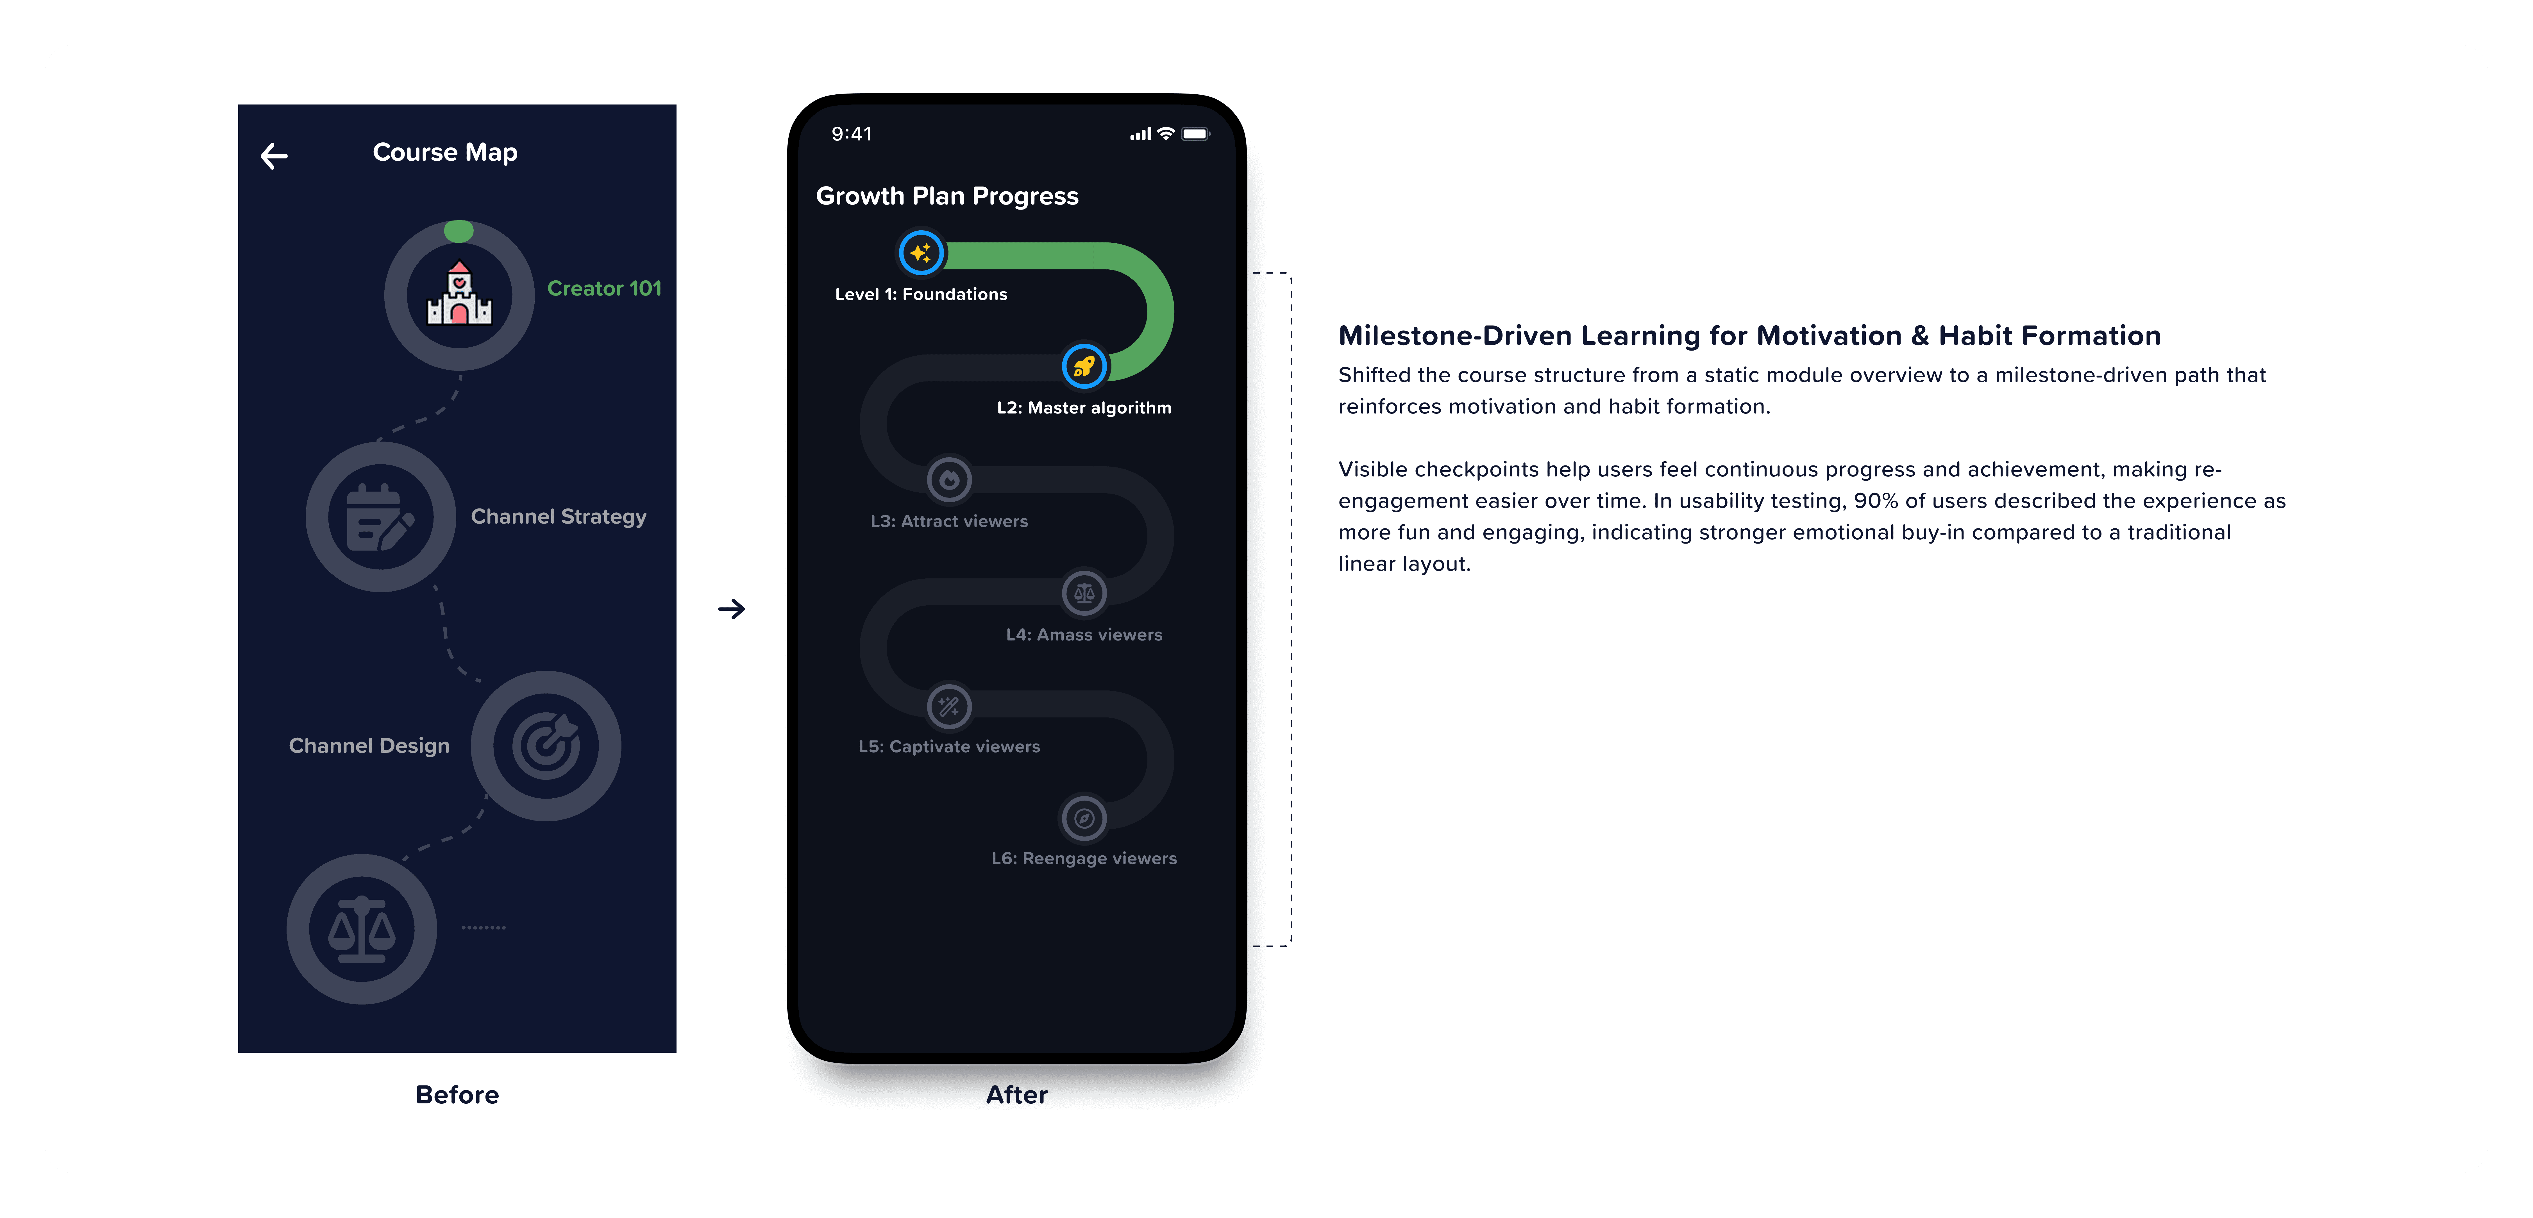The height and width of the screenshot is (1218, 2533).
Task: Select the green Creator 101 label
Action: coord(604,288)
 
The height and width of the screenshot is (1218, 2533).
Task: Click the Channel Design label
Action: coord(369,745)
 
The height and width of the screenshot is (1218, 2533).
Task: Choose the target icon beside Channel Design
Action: coord(546,745)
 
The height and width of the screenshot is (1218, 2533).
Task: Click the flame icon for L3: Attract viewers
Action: coord(949,480)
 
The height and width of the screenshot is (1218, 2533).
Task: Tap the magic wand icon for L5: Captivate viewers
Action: coord(949,706)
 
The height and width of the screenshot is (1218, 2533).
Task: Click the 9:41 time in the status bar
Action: coord(852,134)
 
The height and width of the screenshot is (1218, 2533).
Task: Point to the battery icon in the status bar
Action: coord(1196,134)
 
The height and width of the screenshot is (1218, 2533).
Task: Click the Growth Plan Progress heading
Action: coord(947,196)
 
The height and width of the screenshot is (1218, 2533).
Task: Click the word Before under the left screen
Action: coord(457,1094)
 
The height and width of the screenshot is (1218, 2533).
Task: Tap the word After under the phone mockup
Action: coord(1017,1094)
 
